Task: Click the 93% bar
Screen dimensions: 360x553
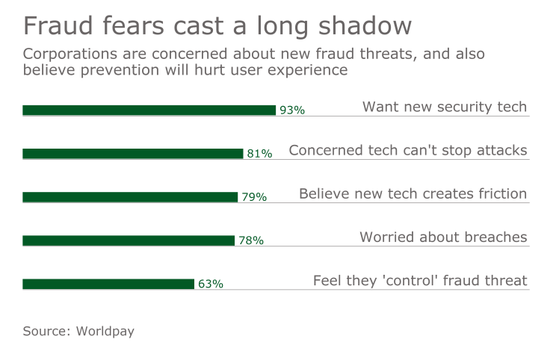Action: pyautogui.click(x=149, y=111)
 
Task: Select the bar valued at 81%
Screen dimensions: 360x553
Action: pyautogui.click(x=132, y=154)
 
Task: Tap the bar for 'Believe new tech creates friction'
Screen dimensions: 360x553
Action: pyautogui.click(x=129, y=197)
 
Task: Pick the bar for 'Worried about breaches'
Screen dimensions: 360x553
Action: pyautogui.click(x=128, y=240)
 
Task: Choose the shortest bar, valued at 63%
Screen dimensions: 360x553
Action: pyautogui.click(x=108, y=284)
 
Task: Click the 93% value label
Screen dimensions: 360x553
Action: pyautogui.click(x=292, y=111)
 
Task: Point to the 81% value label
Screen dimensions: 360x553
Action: pyautogui.click(x=259, y=154)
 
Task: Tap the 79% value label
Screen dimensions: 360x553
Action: pyautogui.click(x=254, y=197)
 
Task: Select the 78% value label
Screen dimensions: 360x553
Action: pyautogui.click(x=251, y=240)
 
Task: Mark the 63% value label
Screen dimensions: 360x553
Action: pyautogui.click(x=211, y=284)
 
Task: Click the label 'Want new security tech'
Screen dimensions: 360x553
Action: pyautogui.click(x=445, y=107)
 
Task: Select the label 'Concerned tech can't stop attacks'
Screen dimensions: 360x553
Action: pyautogui.click(x=408, y=150)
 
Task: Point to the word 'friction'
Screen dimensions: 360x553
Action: pyautogui.click(x=503, y=193)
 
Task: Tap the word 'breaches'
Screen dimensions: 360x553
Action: pyautogui.click(x=495, y=238)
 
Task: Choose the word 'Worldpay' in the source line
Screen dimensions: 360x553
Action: pyautogui.click(x=105, y=330)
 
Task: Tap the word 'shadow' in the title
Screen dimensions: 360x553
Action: pyautogui.click(x=370, y=26)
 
